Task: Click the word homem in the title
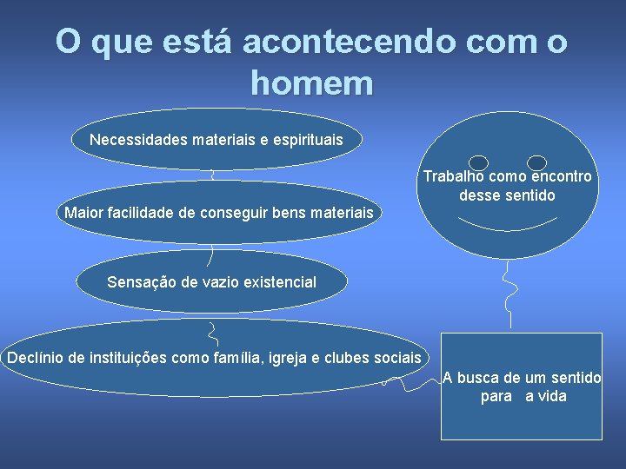[x=311, y=83]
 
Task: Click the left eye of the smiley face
[x=477, y=162]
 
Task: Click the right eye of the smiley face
[x=537, y=162]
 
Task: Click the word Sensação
[x=140, y=281]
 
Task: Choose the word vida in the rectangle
[x=551, y=396]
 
